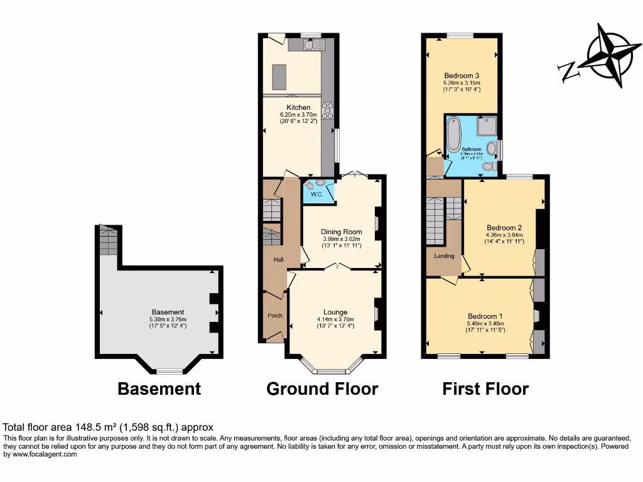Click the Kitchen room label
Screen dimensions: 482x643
click(298, 107)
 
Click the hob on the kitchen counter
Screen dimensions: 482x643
click(328, 111)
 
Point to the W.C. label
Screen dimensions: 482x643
click(316, 194)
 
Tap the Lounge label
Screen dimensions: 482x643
click(335, 312)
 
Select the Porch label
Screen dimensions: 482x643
click(274, 315)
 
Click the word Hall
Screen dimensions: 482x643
click(278, 259)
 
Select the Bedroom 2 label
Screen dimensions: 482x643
click(504, 227)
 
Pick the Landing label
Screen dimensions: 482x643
click(444, 255)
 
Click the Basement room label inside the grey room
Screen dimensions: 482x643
click(168, 312)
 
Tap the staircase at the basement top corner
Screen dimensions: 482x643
click(108, 240)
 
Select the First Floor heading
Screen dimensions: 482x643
click(485, 388)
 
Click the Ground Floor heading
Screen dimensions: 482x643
click(322, 388)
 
